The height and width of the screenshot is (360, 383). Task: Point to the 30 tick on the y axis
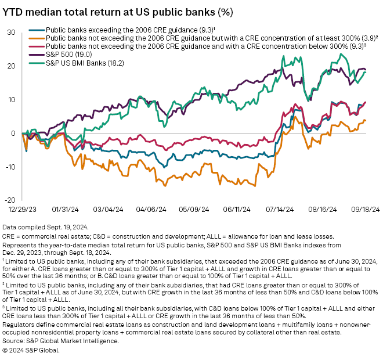click(x=11, y=33)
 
